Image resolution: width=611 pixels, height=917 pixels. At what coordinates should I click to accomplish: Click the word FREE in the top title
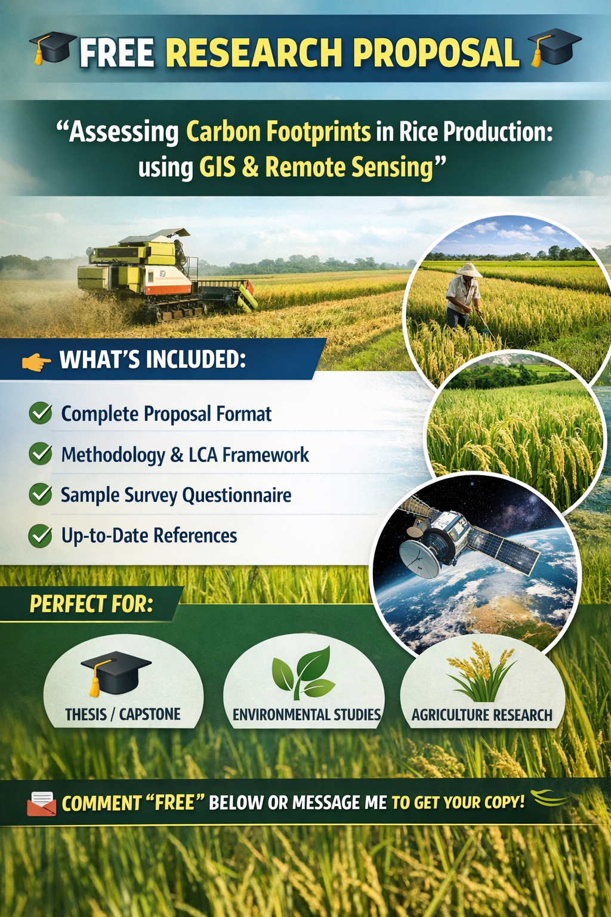(x=116, y=52)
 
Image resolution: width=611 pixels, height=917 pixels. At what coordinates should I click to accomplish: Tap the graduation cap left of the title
(x=52, y=48)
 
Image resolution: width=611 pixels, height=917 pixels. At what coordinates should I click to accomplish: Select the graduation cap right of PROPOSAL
(x=554, y=47)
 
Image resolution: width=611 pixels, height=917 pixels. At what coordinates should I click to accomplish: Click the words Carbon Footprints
(x=278, y=131)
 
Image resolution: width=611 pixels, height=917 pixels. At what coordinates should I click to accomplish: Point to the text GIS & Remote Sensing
(x=316, y=168)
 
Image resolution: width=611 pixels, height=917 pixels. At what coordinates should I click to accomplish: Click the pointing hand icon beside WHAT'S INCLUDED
(x=36, y=361)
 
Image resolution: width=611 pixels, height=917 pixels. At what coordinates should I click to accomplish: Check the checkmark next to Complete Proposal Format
(x=41, y=413)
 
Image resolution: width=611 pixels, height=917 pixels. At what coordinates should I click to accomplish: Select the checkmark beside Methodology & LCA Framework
(x=41, y=454)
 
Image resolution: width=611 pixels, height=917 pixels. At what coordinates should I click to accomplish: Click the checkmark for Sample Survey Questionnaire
(x=41, y=494)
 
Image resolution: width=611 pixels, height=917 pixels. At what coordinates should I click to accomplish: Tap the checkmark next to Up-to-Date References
(x=41, y=536)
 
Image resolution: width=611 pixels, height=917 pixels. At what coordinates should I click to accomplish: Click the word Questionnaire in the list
(x=237, y=495)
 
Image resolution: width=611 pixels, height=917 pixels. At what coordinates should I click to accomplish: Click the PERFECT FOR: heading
(x=92, y=604)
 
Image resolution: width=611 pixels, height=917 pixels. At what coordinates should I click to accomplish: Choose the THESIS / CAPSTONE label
(x=123, y=715)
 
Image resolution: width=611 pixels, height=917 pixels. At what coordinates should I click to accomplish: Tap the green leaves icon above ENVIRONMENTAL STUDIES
(x=303, y=672)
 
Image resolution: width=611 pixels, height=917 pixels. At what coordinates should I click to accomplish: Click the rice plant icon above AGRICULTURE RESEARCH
(x=482, y=672)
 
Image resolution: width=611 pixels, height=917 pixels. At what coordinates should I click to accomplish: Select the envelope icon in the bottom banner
(x=42, y=803)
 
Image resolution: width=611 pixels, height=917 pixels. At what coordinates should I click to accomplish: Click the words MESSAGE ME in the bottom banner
(x=340, y=803)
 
